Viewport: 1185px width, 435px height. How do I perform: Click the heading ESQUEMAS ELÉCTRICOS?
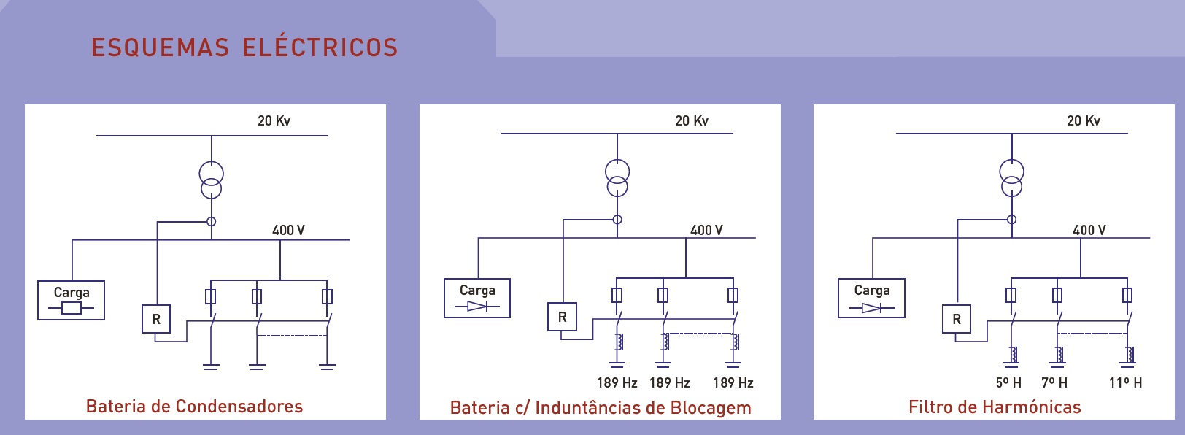244,47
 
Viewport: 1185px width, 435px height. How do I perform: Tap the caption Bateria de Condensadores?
194,407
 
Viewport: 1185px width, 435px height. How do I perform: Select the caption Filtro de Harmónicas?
995,407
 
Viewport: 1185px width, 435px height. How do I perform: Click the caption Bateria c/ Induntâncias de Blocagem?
601,407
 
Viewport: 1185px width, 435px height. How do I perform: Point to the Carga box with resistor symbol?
71,300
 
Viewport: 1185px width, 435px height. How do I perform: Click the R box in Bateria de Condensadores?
156,319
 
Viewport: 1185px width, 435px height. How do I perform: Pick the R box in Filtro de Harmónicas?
957,319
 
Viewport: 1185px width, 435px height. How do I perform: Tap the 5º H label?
1008,382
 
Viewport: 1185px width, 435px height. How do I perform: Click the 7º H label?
1054,382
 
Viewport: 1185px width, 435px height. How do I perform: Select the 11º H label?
1125,382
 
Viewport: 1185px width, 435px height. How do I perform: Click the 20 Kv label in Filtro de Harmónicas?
1083,120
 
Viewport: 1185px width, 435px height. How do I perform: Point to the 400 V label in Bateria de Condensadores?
288,230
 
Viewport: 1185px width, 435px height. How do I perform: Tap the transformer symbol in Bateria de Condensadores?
212,180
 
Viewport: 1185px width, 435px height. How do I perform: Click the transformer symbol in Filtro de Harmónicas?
1012,178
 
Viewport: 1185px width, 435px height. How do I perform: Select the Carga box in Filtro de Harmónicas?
872,298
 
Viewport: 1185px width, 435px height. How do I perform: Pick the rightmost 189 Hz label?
733,382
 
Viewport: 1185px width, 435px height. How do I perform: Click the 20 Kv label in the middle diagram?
691,120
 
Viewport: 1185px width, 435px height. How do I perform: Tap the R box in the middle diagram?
562,317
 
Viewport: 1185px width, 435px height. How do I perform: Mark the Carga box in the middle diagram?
477,298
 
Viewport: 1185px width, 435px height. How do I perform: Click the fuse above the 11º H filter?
1127,295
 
